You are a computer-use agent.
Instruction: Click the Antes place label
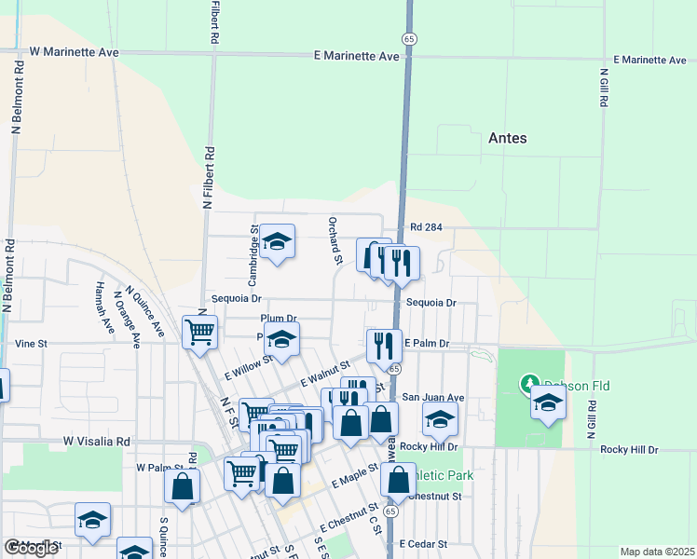508,138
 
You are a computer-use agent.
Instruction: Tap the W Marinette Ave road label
74,52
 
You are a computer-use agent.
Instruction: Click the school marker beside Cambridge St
276,242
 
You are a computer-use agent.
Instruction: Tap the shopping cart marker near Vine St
200,331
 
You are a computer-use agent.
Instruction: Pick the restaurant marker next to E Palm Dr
384,347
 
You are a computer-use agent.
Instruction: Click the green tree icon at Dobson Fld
529,384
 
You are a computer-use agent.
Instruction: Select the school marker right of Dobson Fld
549,403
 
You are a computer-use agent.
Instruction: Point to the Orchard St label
332,240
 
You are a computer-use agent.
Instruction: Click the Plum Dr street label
279,318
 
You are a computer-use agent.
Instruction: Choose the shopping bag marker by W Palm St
183,486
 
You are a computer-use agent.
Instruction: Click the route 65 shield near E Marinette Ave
409,38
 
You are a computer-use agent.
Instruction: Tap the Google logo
31,548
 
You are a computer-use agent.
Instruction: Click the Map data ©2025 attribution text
657,552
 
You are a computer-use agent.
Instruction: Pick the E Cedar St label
424,543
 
